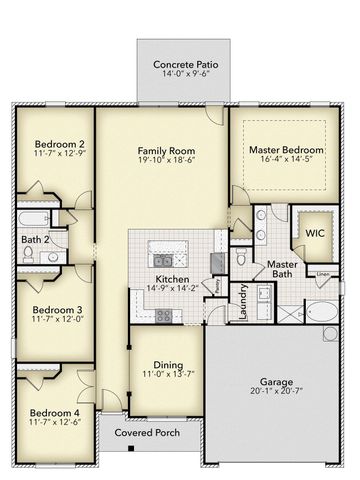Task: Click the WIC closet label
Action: (315, 232)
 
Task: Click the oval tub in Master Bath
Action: (323, 311)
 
